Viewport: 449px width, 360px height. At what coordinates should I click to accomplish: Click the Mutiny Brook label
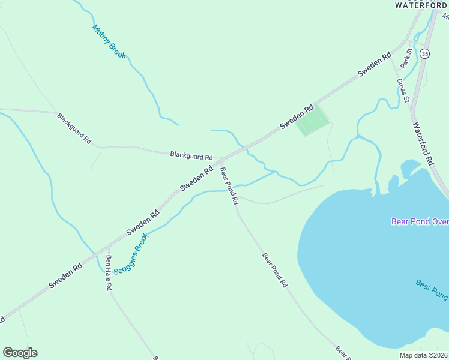pyautogui.click(x=109, y=41)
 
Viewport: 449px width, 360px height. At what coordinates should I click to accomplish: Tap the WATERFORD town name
pyautogui.click(x=421, y=5)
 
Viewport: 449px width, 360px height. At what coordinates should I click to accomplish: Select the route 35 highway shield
pyautogui.click(x=425, y=54)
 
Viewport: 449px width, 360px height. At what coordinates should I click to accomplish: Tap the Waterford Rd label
pyautogui.click(x=423, y=144)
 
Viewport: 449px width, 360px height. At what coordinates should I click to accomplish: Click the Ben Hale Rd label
pyautogui.click(x=109, y=273)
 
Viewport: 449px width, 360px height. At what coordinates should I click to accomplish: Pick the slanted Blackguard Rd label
pyautogui.click(x=74, y=128)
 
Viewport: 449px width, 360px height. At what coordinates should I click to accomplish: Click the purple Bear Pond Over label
pyautogui.click(x=420, y=221)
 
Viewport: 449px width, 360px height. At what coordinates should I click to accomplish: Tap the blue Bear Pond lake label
pyautogui.click(x=432, y=289)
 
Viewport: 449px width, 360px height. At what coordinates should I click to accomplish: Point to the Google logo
pyautogui.click(x=20, y=353)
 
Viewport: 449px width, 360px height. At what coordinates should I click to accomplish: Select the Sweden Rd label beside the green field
pyautogui.click(x=297, y=118)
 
